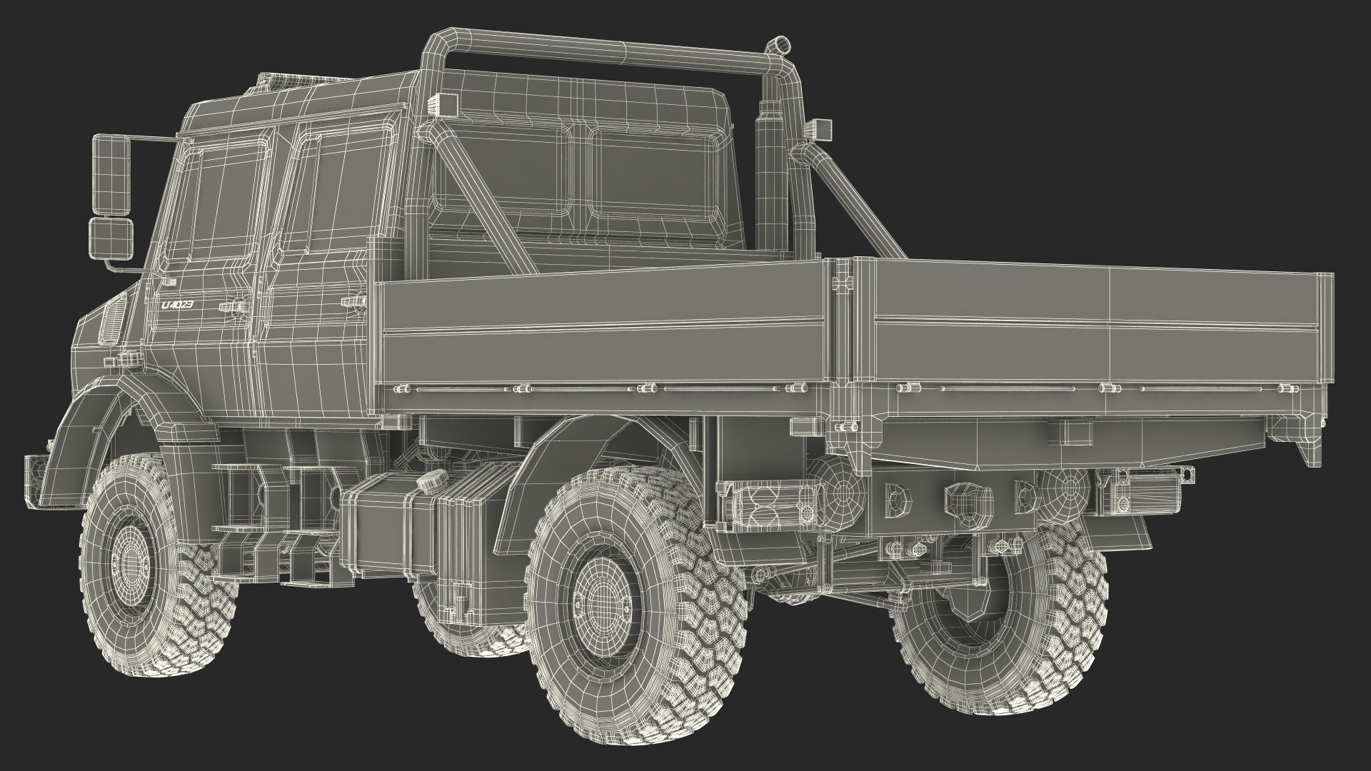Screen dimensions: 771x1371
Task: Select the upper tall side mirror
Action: (x=109, y=176)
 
